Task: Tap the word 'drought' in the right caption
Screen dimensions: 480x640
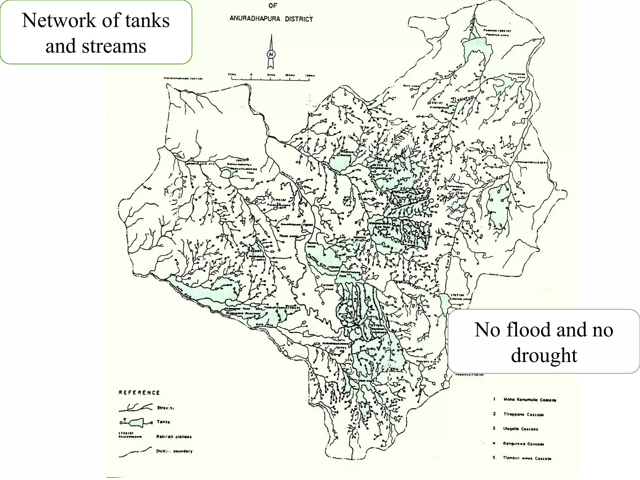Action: point(544,355)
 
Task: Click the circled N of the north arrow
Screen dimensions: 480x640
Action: point(271,54)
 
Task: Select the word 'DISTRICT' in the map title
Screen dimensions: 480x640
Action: point(299,19)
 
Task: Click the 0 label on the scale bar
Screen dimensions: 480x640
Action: point(251,75)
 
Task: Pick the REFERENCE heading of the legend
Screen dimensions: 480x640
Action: point(139,392)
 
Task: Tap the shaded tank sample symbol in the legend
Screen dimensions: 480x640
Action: point(136,422)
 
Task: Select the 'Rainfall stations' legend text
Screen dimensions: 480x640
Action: point(174,437)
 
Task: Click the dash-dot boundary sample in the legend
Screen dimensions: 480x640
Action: point(135,452)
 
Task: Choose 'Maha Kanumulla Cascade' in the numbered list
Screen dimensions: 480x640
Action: point(530,400)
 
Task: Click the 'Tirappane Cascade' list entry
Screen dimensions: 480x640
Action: point(523,414)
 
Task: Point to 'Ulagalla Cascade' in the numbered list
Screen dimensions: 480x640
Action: point(521,429)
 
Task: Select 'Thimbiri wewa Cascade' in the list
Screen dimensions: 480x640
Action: point(527,458)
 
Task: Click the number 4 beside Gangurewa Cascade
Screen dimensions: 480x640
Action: point(494,443)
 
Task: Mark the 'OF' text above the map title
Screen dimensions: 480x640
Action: point(272,6)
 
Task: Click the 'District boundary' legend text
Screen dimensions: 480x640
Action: point(174,451)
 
